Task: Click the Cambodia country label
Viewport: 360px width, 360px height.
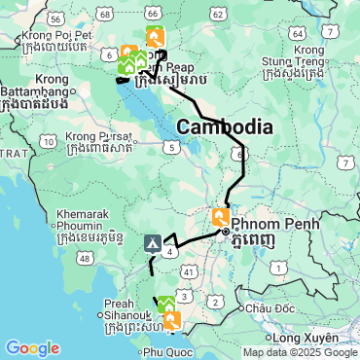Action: [x=224, y=126]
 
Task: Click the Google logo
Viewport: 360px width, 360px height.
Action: [x=32, y=347]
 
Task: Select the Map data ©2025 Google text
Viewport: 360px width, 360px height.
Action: [x=300, y=352]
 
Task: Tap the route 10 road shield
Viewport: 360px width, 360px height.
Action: [x=49, y=143]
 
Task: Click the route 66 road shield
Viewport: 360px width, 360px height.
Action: [x=153, y=11]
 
